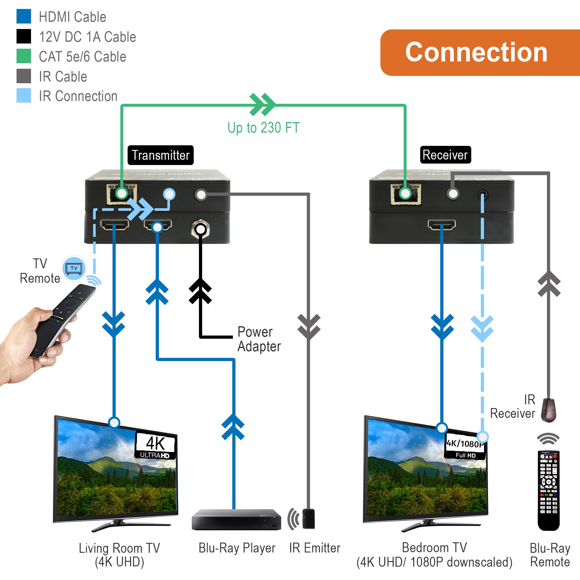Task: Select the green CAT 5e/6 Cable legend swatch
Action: point(24,56)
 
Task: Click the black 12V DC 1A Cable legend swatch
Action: point(24,36)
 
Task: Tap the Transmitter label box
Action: point(161,155)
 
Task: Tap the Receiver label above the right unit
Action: point(445,155)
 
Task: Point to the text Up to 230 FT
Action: point(263,128)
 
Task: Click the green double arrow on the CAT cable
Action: point(262,104)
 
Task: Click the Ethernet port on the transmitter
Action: point(122,194)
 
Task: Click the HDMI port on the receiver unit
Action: point(442,224)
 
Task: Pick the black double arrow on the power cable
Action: point(200,291)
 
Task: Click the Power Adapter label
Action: point(259,339)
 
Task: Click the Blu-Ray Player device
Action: point(237,520)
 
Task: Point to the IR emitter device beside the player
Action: point(308,519)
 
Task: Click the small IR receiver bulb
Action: point(548,410)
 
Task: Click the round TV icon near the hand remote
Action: point(74,268)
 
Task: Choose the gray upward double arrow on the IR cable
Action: point(549,284)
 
